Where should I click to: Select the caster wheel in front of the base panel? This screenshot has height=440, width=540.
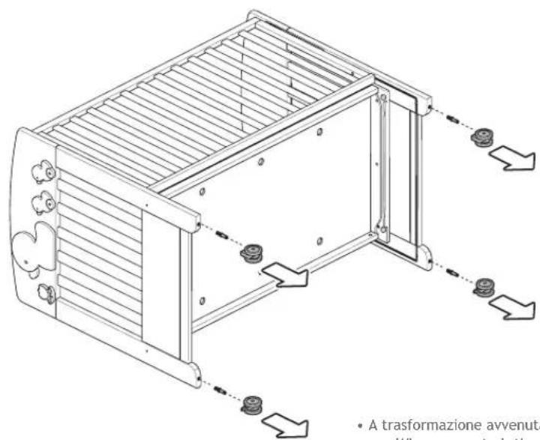tap(250, 253)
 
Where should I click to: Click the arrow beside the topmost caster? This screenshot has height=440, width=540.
tap(512, 158)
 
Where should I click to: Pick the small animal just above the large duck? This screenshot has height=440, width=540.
tap(44, 201)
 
